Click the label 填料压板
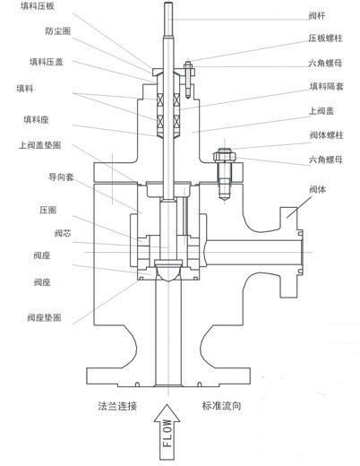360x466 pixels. point(38,6)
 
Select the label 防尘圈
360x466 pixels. point(58,31)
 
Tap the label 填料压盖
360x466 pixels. point(47,62)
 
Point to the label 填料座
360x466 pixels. point(36,120)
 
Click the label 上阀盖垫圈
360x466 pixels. point(39,145)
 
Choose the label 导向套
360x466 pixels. point(61,177)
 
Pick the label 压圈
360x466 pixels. point(47,210)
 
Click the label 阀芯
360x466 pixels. point(63,233)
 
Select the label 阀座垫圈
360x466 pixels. point(44,317)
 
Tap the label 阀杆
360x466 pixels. point(317,16)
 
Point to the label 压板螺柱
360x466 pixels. point(325,39)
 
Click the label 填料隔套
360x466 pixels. point(326,87)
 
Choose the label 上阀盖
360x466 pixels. point(321,111)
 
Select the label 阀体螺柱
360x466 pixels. point(326,135)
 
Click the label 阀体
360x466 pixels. point(318,189)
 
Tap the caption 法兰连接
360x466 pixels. point(117,406)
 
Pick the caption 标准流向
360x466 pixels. point(221,406)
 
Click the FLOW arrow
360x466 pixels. point(167,432)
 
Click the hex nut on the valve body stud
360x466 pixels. point(225,156)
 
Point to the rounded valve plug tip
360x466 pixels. point(168,271)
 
